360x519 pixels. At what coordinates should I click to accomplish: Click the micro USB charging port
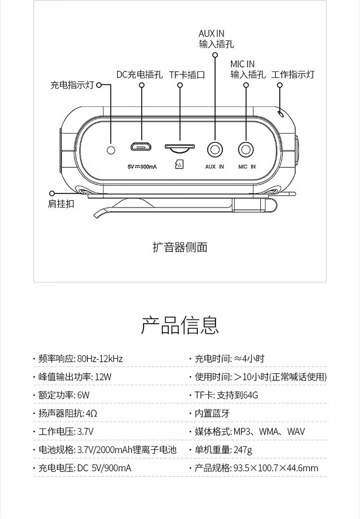pos(141,147)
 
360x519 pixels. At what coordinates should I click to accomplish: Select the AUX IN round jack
pos(215,150)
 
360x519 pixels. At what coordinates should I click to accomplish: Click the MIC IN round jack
pos(246,150)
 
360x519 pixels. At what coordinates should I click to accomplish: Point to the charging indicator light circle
pos(111,150)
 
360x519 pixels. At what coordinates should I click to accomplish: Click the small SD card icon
pos(179,164)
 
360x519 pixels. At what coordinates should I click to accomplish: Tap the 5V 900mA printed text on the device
pos(142,167)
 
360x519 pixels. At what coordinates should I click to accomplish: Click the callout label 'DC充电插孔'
pos(139,74)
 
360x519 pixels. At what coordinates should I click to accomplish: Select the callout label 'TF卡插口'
pos(187,74)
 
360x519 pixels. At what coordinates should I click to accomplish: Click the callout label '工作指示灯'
pos(293,74)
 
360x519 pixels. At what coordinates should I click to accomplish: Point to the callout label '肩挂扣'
pos(61,204)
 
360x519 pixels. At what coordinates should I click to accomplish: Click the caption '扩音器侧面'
pos(180,247)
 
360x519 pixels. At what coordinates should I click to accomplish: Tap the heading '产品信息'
pos(180,325)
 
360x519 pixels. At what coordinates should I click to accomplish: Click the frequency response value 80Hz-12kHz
pos(100,359)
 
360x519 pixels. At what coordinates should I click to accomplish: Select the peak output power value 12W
pos(103,377)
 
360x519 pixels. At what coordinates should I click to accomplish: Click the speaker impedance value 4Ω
pos(92,413)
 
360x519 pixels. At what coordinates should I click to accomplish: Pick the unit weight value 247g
pos(243,450)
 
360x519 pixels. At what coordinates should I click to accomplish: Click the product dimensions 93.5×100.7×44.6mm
pos(276,468)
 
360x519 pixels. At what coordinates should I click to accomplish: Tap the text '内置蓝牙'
pos(212,413)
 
